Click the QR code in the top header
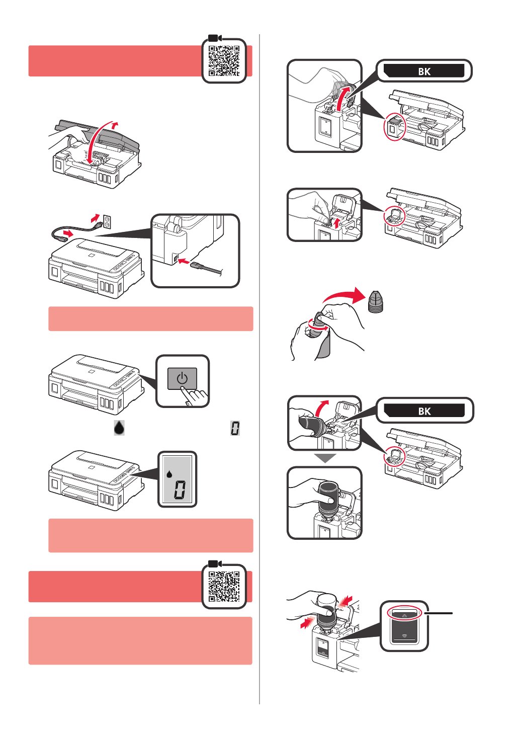pos(224,61)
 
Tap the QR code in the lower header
pos(224,587)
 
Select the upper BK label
pos(424,71)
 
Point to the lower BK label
pos(424,411)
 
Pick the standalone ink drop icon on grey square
pos(119,428)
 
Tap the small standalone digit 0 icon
pos(235,428)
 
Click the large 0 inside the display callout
pos(180,490)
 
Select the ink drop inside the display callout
pos(169,473)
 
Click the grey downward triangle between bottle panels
pos(325,458)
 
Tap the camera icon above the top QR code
pos(215,38)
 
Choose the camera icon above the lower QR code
pos(215,564)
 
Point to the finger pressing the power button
pos(196,395)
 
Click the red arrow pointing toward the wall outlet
pos(95,217)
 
